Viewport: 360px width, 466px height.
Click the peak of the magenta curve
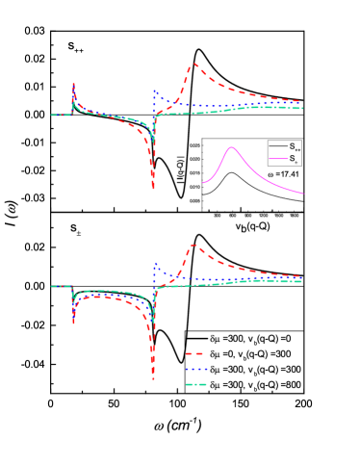[231, 146]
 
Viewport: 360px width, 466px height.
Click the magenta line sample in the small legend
[278, 159]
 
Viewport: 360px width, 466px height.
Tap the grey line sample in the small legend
[278, 147]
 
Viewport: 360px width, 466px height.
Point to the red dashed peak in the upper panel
[194, 65]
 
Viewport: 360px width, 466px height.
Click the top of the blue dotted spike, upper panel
[155, 90]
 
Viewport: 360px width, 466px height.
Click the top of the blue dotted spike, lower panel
[155, 262]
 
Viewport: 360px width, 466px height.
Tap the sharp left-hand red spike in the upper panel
[74, 84]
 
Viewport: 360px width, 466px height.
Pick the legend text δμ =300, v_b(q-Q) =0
[259, 338]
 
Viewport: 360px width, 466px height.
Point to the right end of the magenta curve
[304, 194]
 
